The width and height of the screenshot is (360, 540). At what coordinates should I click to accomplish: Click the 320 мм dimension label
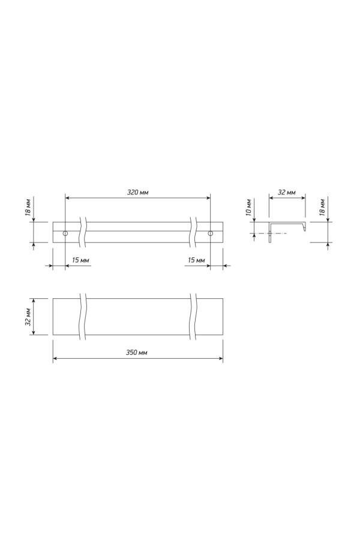[138, 192]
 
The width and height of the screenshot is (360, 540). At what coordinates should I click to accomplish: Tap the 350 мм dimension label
[137, 352]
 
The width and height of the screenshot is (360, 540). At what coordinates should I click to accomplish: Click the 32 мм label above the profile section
[287, 192]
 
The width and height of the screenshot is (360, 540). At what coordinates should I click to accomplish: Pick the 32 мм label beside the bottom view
[28, 316]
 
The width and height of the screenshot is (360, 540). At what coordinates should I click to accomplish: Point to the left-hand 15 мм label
[80, 260]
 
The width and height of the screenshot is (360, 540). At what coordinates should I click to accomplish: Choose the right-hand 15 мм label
[196, 260]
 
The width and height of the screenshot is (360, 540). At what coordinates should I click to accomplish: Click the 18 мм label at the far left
[28, 208]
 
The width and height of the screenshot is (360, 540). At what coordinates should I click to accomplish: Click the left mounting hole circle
[65, 233]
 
